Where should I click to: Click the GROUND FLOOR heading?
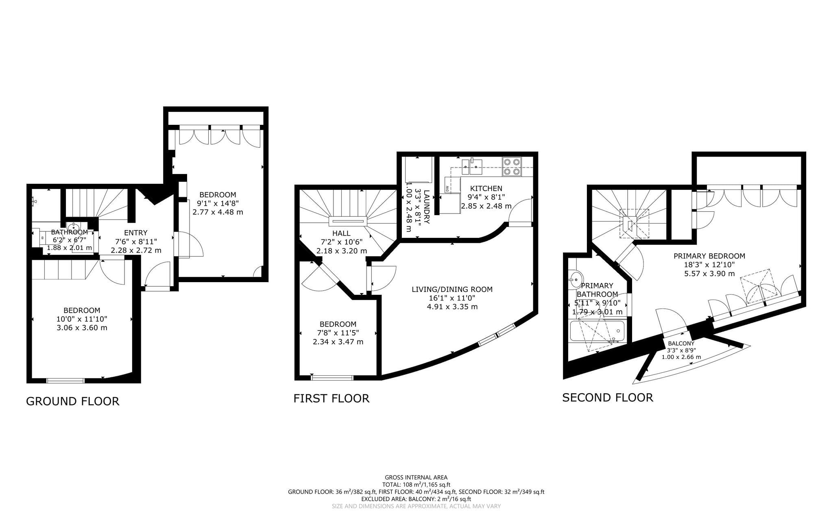(73, 401)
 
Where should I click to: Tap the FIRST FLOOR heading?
(331, 398)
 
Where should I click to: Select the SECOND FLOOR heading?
(608, 397)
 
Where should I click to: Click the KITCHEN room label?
(486, 188)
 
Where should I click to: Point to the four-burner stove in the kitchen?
(512, 167)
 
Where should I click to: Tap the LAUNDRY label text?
(427, 207)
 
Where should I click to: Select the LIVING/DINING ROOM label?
(452, 289)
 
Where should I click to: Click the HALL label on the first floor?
(341, 233)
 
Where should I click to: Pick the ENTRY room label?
(136, 233)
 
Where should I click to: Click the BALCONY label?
(681, 344)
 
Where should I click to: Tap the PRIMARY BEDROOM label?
(709, 256)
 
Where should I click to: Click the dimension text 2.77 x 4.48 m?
(218, 212)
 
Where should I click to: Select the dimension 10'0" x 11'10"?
(82, 319)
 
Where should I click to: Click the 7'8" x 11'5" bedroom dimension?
(338, 333)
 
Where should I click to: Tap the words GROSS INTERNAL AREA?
(416, 477)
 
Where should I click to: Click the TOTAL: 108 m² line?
(416, 485)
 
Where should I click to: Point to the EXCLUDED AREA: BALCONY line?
(416, 499)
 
